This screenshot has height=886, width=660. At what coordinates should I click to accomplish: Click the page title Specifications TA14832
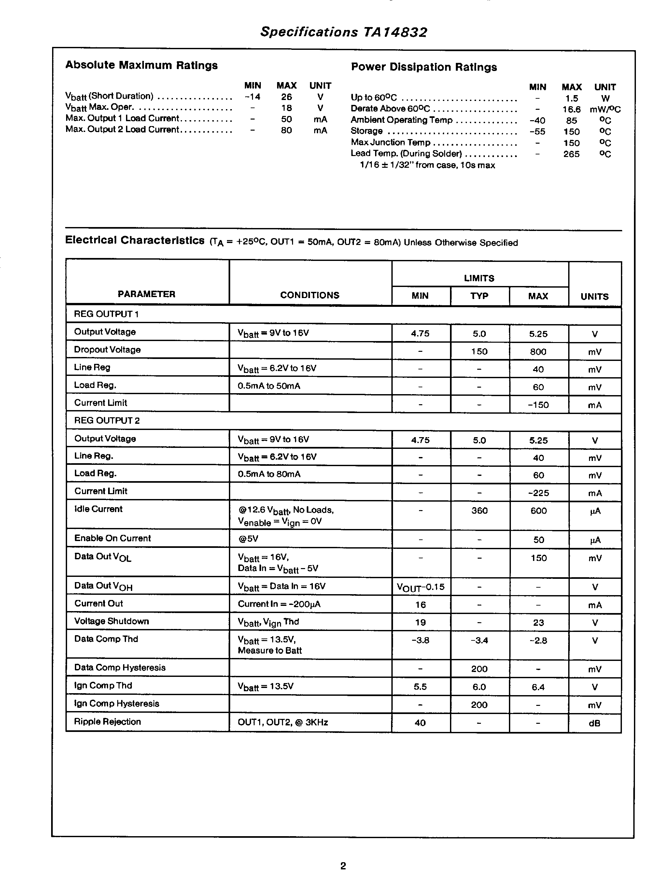coord(343,32)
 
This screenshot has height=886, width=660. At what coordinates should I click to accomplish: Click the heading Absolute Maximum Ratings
coord(141,65)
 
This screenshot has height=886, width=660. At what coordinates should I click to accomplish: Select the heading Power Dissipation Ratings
coord(424,67)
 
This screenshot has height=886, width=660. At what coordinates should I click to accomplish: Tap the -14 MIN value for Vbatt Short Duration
coord(252,97)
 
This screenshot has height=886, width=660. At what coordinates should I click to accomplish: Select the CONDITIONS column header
coord(310,295)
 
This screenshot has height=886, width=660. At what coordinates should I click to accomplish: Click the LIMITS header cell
coord(479,278)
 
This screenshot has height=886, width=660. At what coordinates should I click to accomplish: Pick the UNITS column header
coord(595,296)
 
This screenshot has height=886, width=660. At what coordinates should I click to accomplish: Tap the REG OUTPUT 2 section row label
coord(107,421)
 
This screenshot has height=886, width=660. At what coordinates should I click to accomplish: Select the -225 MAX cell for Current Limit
coord(538,493)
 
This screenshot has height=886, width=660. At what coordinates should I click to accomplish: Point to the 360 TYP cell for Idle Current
coord(479,511)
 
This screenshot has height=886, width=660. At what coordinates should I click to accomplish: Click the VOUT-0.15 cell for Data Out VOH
coord(420,587)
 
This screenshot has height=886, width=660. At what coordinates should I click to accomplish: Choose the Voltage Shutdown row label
coord(111,621)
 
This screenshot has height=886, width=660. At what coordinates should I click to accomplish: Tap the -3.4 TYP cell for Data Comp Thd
coord(479,640)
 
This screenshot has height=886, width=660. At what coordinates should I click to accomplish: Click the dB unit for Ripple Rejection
coord(595,723)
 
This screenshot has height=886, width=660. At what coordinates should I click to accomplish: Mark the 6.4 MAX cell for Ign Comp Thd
coord(538,687)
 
